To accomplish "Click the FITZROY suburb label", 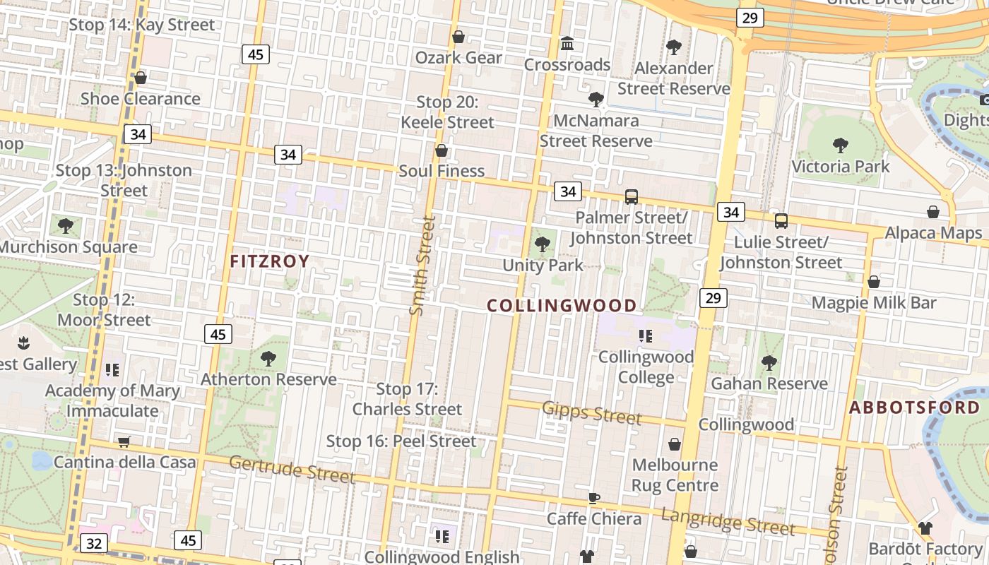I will point(270,261).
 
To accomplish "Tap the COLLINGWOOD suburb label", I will point(562,306).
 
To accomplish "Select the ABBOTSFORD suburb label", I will point(915,408).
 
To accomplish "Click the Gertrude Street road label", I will point(292,469).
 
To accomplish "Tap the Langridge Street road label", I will point(728,522).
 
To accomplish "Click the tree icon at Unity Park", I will point(543,245).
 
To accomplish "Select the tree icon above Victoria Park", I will point(840,146).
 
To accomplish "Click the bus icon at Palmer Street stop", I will point(632,197).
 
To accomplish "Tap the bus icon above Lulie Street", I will point(781,221).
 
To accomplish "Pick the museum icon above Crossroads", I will point(567,44).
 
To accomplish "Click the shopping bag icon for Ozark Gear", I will point(458,37).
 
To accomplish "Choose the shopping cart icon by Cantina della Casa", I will point(124,442).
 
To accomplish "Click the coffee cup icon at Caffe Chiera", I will point(594,498).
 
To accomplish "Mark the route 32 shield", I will point(94,543).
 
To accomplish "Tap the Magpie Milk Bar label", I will point(874,303).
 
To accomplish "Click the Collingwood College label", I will point(646,367).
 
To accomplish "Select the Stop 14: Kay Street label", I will point(141,25).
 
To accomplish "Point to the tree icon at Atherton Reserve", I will point(268,358).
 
